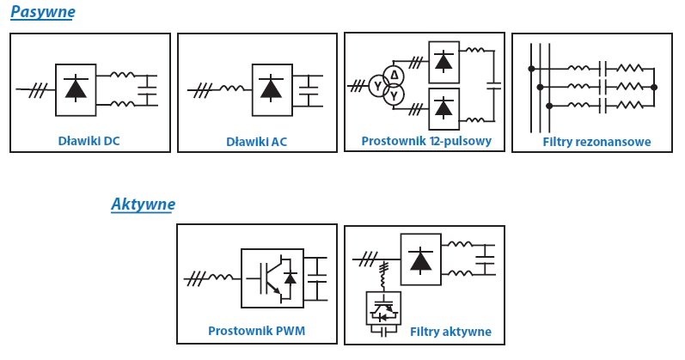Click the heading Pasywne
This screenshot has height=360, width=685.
[x=43, y=12]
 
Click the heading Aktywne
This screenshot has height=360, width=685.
[x=144, y=204]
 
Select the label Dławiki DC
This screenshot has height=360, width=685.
[x=89, y=141]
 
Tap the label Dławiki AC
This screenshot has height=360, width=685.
[x=256, y=142]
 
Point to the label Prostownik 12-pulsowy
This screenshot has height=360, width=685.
[x=426, y=141]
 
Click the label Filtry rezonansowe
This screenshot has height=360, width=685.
[x=596, y=142]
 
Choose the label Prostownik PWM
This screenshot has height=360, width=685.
[x=256, y=331]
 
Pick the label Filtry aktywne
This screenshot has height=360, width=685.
[x=450, y=332]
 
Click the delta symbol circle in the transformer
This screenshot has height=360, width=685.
[x=394, y=76]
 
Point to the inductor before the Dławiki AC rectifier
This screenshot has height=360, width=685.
[x=231, y=89]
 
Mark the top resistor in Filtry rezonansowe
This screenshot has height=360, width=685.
[x=629, y=68]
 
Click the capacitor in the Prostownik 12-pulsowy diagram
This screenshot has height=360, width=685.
[x=494, y=85]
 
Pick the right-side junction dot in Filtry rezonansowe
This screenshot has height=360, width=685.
[x=654, y=88]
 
